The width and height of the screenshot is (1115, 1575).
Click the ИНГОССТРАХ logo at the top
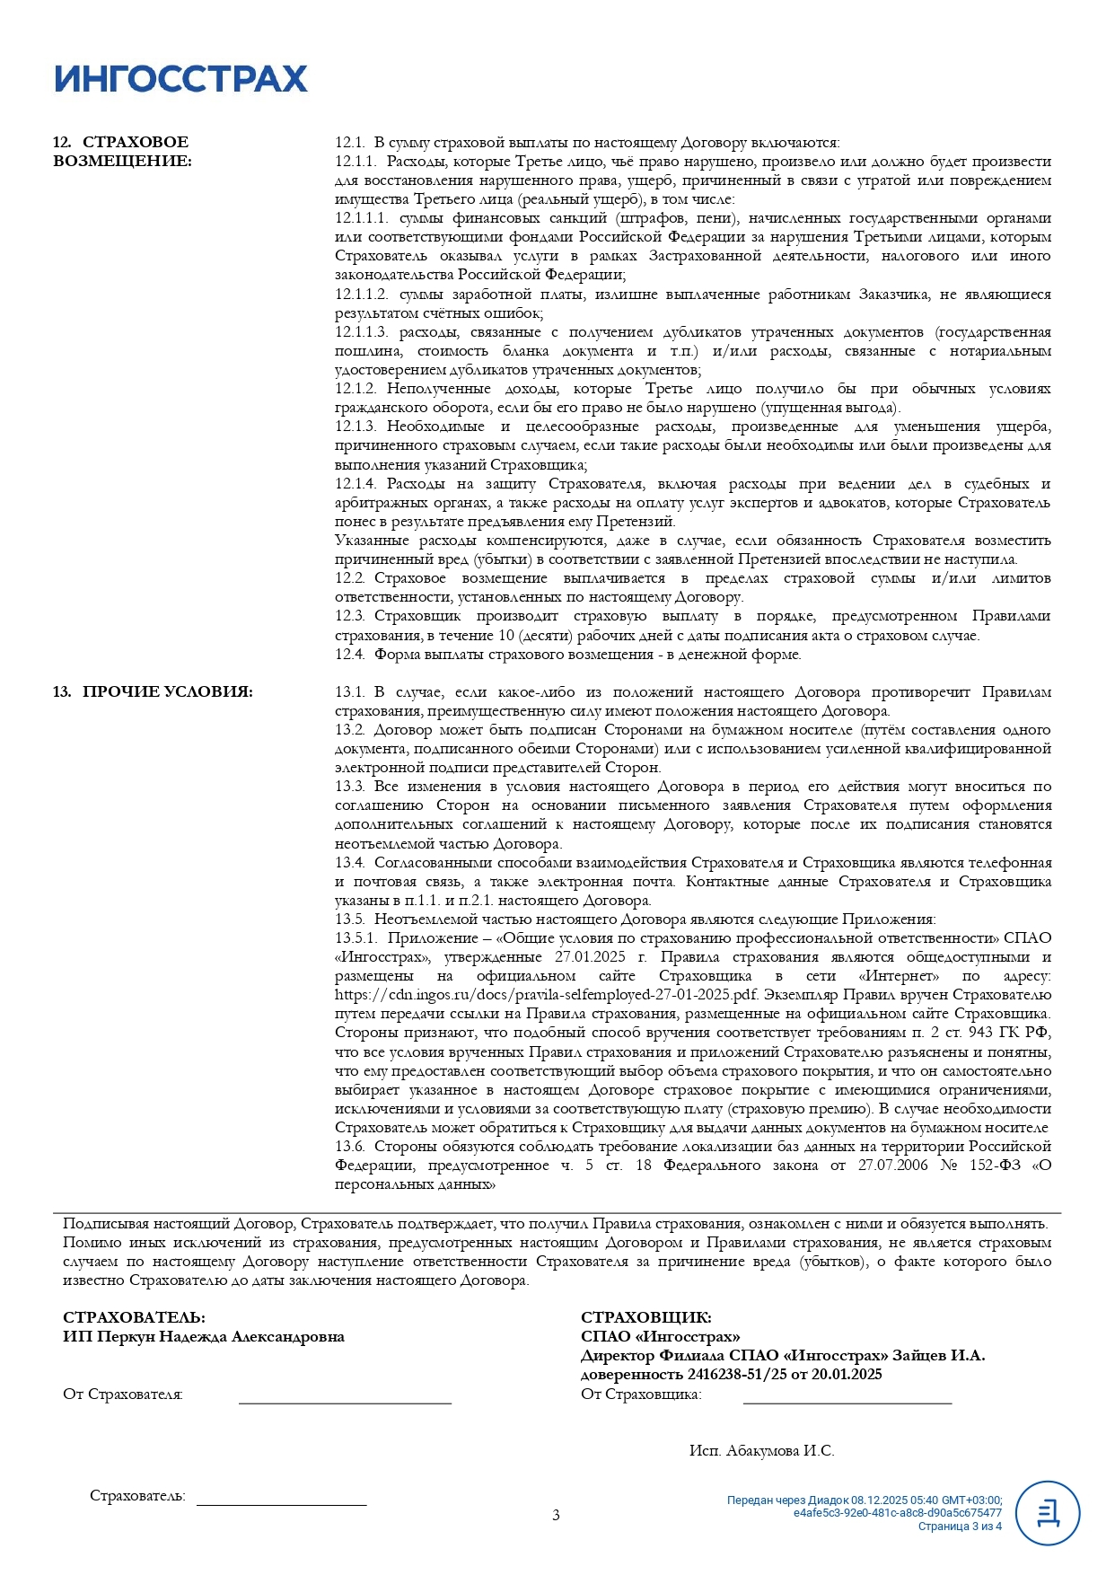point(180,79)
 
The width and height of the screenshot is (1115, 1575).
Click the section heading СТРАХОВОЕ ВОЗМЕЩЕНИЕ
point(122,152)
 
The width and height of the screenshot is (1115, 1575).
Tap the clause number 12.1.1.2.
point(362,295)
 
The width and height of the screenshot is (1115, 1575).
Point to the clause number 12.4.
point(350,655)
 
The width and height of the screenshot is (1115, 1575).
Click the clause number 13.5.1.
point(356,938)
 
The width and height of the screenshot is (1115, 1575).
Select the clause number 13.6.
point(350,1147)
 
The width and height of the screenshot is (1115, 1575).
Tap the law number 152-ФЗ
point(995,1166)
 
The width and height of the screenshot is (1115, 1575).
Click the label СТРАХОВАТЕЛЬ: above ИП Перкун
point(134,1318)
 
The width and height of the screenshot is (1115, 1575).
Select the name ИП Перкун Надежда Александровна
point(204,1337)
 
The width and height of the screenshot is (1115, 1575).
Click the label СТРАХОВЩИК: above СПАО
point(645,1318)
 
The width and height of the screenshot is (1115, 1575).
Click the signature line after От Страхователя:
point(345,1401)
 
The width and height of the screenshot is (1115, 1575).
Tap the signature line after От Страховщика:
point(847,1401)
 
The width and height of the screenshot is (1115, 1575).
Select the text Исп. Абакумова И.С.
point(761,1450)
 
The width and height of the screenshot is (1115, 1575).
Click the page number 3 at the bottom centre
point(556,1516)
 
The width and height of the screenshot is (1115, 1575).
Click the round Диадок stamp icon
point(1047,1513)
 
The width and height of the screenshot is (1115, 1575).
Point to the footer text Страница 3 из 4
point(959,1527)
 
